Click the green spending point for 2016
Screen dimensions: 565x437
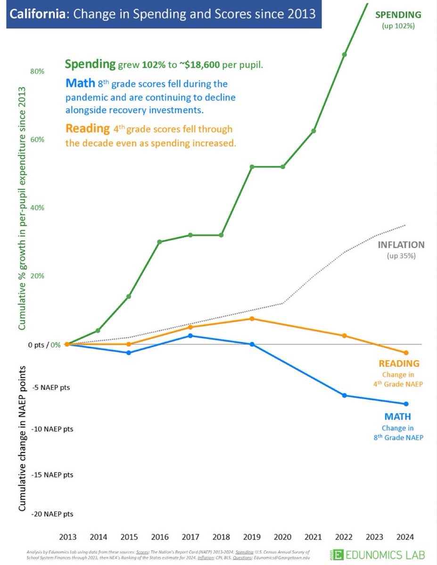(x=159, y=242)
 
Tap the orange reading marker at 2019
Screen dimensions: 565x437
(x=252, y=319)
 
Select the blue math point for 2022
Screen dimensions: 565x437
(x=344, y=395)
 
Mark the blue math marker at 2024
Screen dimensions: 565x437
(x=406, y=404)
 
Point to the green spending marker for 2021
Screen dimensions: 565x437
(x=313, y=131)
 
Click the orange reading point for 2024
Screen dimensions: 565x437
(x=406, y=353)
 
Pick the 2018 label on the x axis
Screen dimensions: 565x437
(x=221, y=537)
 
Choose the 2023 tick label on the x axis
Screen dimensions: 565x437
(x=375, y=537)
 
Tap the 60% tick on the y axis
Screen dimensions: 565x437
(x=38, y=140)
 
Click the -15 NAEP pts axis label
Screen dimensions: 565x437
(x=52, y=475)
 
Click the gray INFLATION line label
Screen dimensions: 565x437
(x=401, y=245)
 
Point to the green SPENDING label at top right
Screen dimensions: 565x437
(x=398, y=15)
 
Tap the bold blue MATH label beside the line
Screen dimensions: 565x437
(x=398, y=417)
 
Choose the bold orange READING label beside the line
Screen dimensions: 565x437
(x=399, y=363)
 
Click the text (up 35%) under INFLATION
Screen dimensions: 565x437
(x=401, y=256)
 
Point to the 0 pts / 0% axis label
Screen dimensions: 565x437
(x=44, y=345)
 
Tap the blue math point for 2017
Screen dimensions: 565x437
(x=190, y=336)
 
